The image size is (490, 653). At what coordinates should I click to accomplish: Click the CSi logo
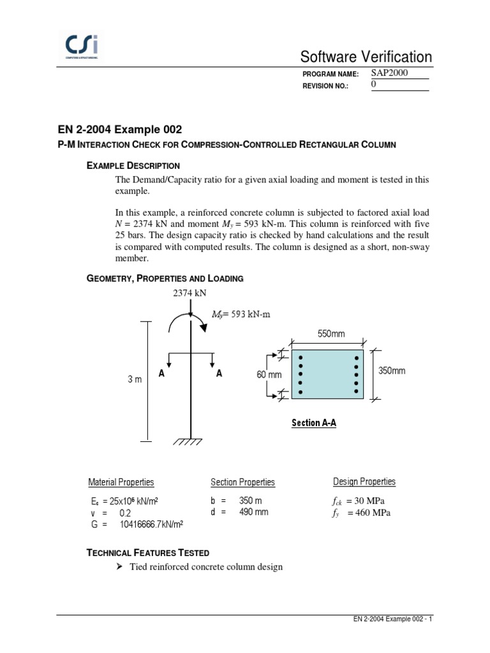[x=82, y=47]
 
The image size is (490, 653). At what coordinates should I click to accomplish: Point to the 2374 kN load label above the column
[x=190, y=293]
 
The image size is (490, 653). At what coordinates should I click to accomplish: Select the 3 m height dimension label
[x=134, y=379]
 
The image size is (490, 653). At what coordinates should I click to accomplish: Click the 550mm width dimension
[x=331, y=334]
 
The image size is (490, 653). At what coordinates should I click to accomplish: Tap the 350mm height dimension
[x=392, y=371]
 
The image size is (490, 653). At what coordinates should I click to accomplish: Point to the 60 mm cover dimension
[x=269, y=375]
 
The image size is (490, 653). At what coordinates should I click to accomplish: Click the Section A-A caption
[x=313, y=423]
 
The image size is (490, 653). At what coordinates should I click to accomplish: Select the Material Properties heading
[x=121, y=482]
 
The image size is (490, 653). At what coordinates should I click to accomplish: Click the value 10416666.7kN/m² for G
[x=151, y=524]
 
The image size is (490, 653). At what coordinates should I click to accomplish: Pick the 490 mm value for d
[x=254, y=511]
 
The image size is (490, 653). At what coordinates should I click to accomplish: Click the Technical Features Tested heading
[x=147, y=552]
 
